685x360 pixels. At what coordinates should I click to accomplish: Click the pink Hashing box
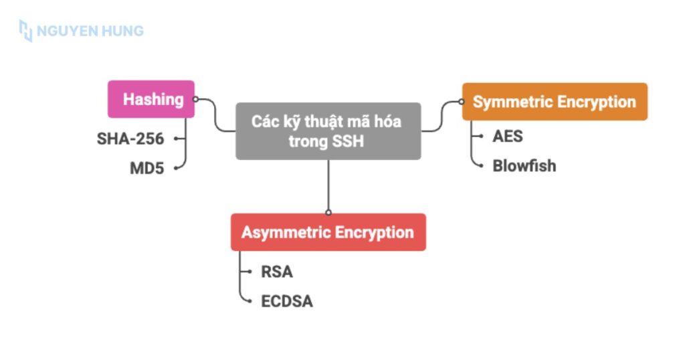(151, 99)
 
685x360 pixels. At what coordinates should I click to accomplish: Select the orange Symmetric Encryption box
(555, 102)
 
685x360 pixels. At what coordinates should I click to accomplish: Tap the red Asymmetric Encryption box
(328, 232)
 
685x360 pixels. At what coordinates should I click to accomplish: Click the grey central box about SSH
(328, 131)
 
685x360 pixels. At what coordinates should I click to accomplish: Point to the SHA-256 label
(130, 139)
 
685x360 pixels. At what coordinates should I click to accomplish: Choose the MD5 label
(147, 168)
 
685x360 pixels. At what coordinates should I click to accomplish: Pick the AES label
(508, 137)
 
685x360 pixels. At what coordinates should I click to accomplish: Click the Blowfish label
(524, 165)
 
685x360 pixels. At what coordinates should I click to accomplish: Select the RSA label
(277, 272)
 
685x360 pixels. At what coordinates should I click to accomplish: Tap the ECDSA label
(287, 300)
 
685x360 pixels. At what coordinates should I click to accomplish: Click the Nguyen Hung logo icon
(25, 31)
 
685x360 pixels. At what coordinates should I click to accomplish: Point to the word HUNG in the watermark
(122, 31)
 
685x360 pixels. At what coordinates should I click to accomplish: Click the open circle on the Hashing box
(195, 99)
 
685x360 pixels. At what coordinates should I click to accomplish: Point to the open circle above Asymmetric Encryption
(328, 212)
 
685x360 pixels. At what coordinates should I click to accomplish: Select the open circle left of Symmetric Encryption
(462, 102)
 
